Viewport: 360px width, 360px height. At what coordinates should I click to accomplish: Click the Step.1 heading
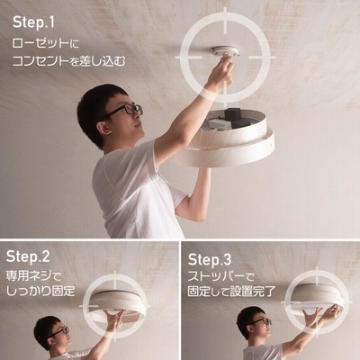coord(33,22)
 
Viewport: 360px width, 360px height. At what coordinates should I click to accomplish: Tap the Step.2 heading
coord(28,256)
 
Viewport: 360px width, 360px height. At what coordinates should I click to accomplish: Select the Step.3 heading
coord(210,260)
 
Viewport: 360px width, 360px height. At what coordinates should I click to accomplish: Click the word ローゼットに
coord(45,43)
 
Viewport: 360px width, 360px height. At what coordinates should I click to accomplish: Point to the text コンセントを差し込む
coord(68,60)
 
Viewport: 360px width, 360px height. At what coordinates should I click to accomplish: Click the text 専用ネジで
coord(33,276)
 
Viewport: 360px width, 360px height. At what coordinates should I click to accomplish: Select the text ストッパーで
coord(221,276)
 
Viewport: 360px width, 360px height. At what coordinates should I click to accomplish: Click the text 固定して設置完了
coord(231,292)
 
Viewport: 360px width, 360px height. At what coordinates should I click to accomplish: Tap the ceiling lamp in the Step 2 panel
coord(118,303)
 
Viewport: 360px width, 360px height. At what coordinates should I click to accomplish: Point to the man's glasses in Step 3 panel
coord(260,322)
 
